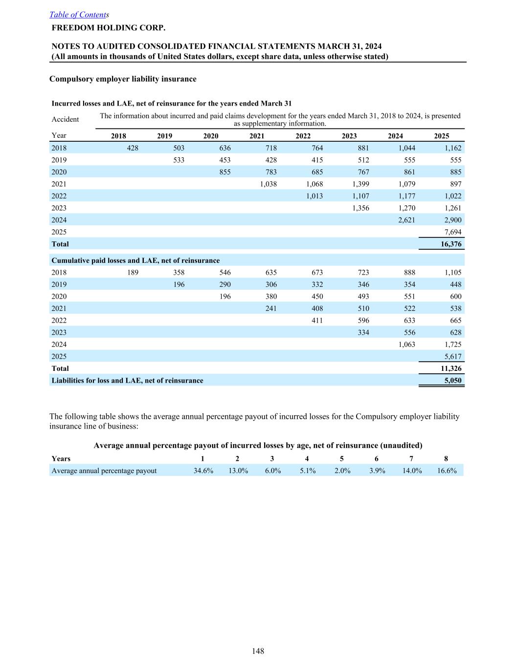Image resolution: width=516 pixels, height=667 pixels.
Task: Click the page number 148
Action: tap(258, 651)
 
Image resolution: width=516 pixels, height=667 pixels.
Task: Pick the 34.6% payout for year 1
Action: tap(203, 471)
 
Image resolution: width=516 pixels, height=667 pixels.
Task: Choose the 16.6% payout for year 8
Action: tap(447, 471)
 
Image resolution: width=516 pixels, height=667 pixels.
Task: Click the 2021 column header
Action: tap(257, 136)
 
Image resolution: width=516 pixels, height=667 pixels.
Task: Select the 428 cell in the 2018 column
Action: tap(133, 148)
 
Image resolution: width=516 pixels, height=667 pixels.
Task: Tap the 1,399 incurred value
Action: tap(360, 184)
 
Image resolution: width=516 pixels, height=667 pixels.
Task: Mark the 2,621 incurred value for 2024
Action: tap(406, 220)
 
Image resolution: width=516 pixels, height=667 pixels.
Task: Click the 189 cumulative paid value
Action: tap(133, 273)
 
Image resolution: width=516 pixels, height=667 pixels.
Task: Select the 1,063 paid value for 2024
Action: tap(406, 344)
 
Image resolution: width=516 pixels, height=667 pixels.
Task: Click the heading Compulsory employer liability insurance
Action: tap(123, 79)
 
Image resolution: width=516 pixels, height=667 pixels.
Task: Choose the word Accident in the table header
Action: tap(65, 119)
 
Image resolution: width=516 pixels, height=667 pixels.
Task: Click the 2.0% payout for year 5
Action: tap(342, 471)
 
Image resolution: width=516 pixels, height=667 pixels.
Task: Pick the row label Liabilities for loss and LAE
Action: tap(127, 380)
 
